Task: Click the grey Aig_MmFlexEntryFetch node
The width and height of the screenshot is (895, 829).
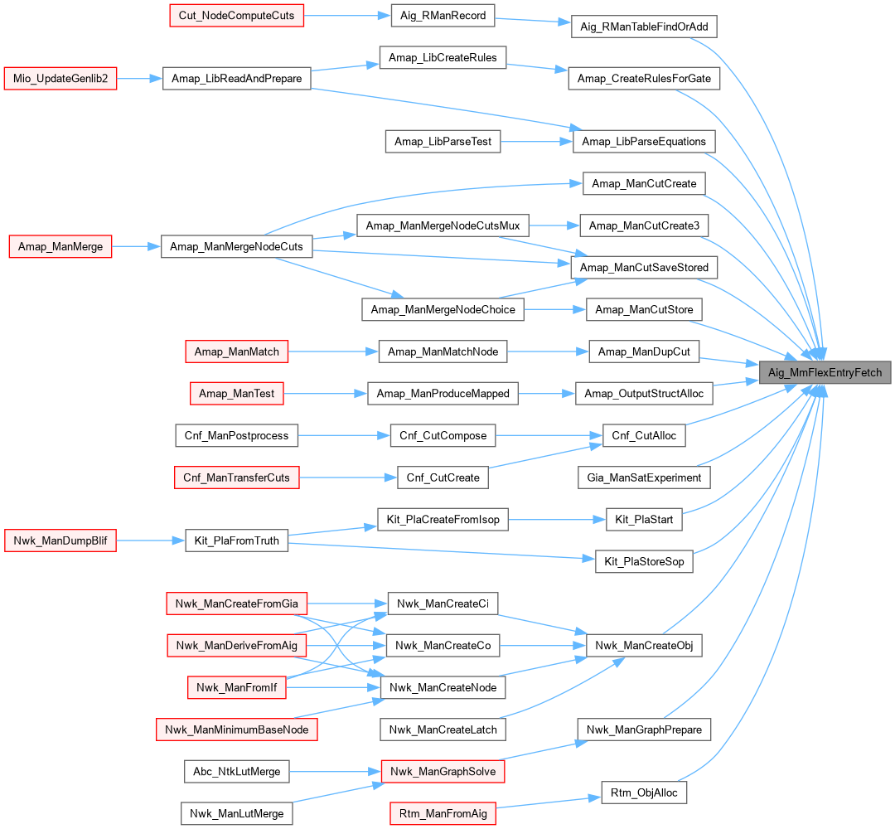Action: [825, 372]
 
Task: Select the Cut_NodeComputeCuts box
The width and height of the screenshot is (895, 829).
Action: [236, 16]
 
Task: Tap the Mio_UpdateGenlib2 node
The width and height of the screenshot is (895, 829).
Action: [60, 79]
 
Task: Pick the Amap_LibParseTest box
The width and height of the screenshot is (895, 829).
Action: [443, 142]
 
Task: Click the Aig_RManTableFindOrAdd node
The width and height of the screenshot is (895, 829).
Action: [644, 27]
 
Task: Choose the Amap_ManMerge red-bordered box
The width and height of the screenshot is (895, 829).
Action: [60, 246]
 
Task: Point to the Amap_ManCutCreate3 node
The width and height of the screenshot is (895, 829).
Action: [644, 225]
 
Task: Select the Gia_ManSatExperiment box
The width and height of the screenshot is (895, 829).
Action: [644, 478]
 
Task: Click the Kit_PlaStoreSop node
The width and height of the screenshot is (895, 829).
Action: [644, 562]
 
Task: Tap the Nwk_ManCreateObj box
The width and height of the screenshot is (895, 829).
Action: [644, 646]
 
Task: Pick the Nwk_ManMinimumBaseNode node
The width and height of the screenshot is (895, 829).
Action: [236, 730]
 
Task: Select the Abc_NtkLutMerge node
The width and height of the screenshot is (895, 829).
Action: [236, 772]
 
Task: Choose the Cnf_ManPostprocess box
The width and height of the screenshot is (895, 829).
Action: [236, 435]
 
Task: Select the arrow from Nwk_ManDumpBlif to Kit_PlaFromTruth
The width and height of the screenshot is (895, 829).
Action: [150, 541]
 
